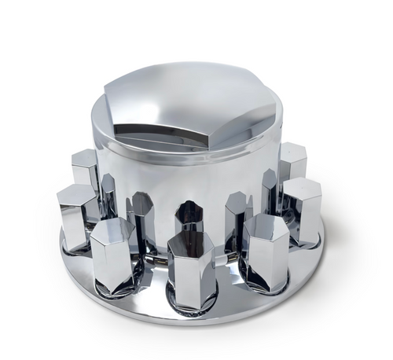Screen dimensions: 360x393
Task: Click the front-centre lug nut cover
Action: [x=191, y=271]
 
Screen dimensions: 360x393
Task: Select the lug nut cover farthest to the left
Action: [x=76, y=216]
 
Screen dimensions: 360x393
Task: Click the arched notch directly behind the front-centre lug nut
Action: [x=189, y=216]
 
